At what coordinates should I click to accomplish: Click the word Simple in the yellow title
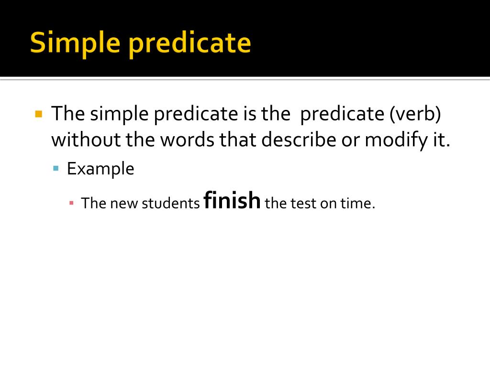[74, 43]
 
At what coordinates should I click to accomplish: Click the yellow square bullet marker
[39, 114]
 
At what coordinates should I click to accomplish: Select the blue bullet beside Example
[56, 168]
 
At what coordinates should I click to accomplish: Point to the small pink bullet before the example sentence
[71, 203]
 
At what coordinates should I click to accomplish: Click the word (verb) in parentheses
[415, 114]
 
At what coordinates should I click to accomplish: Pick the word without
[87, 140]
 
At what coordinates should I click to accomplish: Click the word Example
[100, 169]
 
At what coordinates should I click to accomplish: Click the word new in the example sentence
[124, 203]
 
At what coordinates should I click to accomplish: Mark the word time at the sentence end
[356, 203]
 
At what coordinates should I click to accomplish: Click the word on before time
[328, 203]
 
